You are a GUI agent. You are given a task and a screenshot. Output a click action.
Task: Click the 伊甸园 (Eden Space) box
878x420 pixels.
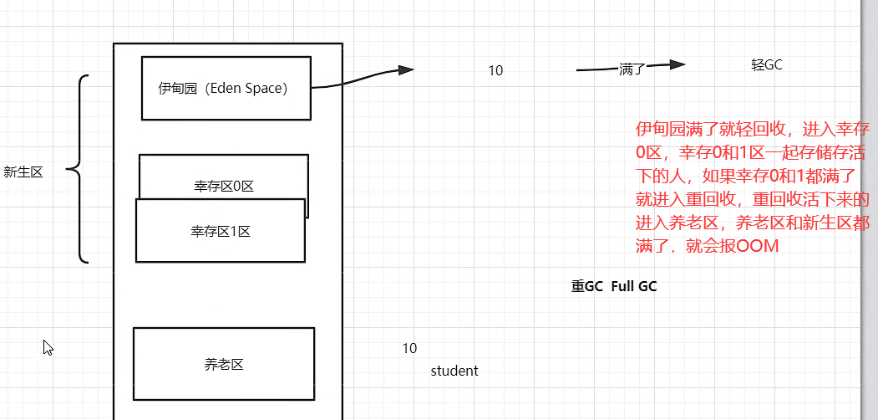(226, 88)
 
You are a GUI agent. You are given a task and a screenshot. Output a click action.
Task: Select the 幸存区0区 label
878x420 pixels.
(223, 187)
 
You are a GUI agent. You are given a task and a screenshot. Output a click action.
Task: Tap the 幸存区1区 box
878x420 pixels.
(221, 231)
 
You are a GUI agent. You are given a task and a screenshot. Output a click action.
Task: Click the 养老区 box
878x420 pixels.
(223, 364)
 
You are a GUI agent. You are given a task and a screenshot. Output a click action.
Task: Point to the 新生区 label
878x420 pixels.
(23, 172)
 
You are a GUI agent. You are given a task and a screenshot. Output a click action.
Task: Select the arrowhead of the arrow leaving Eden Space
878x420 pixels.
(406, 70)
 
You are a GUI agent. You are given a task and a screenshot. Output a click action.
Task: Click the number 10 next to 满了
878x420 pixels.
(495, 71)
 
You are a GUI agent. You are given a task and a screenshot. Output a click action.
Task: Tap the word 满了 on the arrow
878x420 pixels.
(632, 69)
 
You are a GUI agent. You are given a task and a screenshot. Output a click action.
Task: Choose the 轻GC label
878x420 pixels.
(766, 65)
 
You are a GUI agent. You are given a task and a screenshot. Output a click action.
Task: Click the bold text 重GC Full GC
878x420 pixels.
(614, 286)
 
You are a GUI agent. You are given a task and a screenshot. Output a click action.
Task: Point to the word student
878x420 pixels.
(454, 371)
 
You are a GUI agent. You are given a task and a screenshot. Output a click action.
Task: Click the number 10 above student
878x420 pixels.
(409, 348)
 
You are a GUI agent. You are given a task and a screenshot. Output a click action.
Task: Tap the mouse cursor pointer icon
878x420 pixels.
(48, 347)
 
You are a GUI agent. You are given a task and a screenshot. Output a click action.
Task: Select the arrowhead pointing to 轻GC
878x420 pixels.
(678, 65)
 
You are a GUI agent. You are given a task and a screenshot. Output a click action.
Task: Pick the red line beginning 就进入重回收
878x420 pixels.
(753, 200)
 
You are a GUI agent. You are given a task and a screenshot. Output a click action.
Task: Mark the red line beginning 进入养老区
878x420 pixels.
(753, 223)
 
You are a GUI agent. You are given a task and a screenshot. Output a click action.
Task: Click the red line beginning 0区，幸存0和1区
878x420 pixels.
(753, 152)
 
